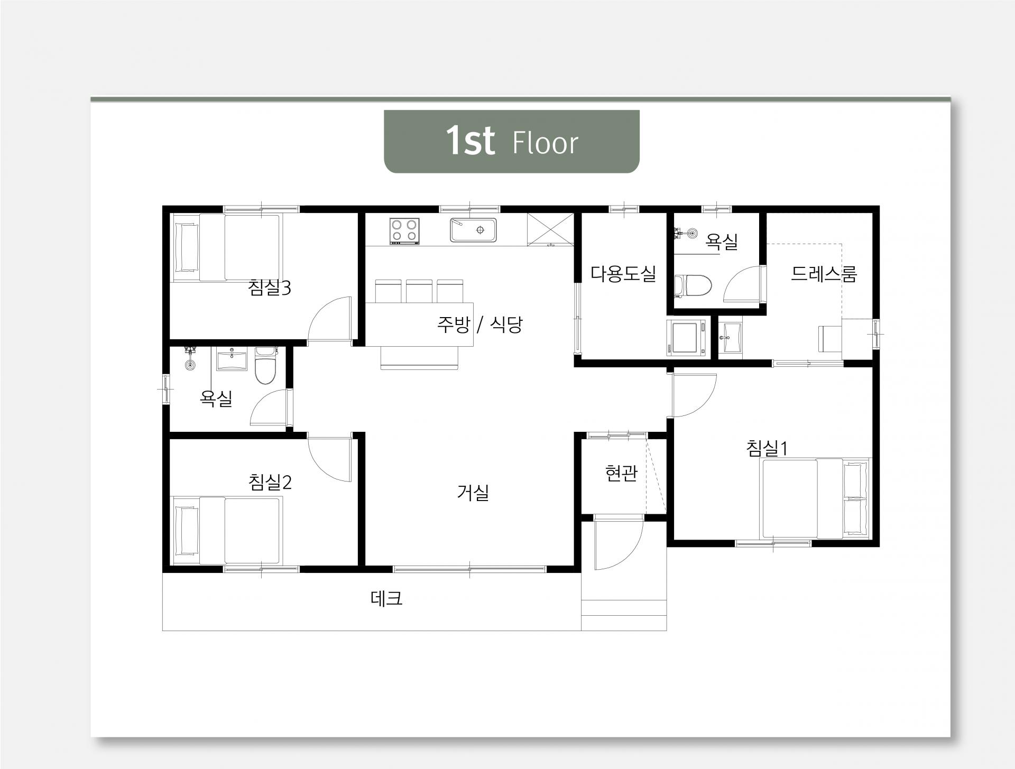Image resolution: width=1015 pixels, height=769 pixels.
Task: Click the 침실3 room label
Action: click(x=270, y=288)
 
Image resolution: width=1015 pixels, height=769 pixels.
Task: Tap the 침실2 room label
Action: click(x=270, y=482)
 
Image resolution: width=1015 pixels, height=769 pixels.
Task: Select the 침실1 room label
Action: click(x=767, y=448)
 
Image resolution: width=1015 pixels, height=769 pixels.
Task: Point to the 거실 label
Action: click(x=473, y=493)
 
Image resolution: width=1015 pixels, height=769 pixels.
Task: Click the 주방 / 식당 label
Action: click(x=479, y=325)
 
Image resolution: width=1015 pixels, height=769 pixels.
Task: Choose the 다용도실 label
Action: click(x=623, y=273)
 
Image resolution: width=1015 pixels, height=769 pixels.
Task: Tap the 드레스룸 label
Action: click(x=824, y=274)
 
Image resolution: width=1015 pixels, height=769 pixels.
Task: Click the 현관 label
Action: click(x=621, y=473)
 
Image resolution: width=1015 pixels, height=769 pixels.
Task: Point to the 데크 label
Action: click(x=386, y=598)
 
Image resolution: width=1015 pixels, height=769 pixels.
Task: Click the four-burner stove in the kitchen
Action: click(x=405, y=231)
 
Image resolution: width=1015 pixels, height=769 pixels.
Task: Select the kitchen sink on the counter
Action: click(x=474, y=230)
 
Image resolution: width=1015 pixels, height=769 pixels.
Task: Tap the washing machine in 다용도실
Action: click(x=687, y=337)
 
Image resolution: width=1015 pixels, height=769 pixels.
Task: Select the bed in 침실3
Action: click(x=227, y=248)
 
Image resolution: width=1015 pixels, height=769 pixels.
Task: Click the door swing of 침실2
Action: click(x=329, y=459)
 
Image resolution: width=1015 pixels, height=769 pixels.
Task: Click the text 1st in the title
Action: click(x=470, y=141)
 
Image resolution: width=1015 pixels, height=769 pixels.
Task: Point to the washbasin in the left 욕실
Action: click(x=232, y=359)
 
